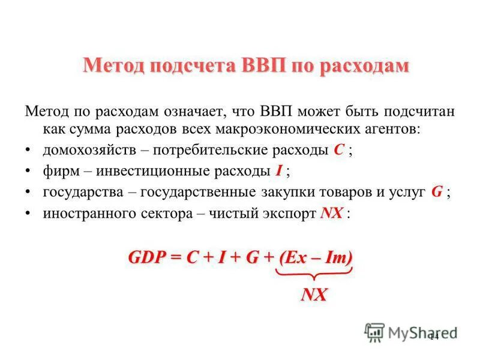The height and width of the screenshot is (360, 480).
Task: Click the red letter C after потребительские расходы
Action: (x=338, y=150)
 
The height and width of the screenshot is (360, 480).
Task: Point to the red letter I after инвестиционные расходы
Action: (x=279, y=171)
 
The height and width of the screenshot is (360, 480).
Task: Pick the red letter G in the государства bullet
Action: (x=437, y=192)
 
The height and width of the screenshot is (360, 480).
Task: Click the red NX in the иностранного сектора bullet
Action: (x=331, y=213)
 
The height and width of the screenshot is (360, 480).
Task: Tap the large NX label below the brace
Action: (x=314, y=295)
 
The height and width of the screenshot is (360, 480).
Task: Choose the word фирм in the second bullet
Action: (x=58, y=171)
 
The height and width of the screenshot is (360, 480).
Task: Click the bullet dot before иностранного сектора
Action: (x=29, y=214)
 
